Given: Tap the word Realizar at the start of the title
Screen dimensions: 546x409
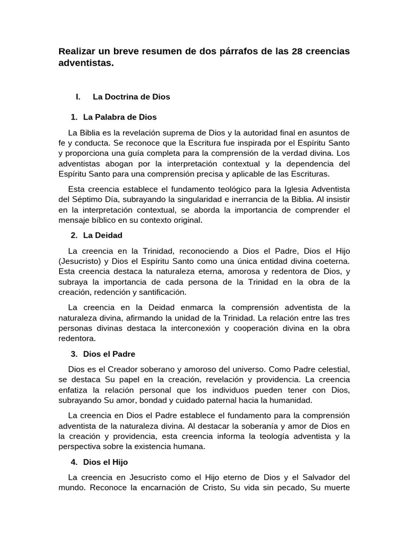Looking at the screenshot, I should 78,51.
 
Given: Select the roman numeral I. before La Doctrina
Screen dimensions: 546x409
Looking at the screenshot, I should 78,97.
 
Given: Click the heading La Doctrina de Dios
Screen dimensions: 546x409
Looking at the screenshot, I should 131,97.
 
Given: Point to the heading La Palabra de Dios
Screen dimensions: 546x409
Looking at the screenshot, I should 120,116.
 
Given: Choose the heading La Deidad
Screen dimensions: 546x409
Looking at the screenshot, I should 103,235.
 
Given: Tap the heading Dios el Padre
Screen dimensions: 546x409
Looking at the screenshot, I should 109,354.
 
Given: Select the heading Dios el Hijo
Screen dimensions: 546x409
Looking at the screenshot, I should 105,462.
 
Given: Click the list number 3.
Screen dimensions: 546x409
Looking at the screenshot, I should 73,354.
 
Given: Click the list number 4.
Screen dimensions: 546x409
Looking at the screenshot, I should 73,462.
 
